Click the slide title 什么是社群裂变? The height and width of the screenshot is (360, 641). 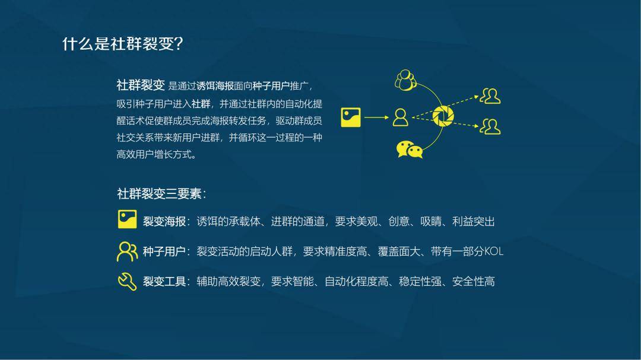tap(122, 44)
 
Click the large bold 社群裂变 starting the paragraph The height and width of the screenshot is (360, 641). tap(141, 85)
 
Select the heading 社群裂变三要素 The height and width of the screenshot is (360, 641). tap(161, 194)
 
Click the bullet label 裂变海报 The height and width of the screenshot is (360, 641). tap(164, 222)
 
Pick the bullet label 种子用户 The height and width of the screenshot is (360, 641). tap(164, 251)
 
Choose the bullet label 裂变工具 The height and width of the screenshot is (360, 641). tap(164, 282)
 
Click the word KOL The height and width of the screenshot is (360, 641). tap(494, 251)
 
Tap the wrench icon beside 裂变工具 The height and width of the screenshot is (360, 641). tap(127, 281)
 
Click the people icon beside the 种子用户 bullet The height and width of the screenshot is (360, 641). tap(127, 251)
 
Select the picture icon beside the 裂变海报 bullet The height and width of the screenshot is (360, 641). tap(127, 219)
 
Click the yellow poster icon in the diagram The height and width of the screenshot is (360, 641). tap(351, 117)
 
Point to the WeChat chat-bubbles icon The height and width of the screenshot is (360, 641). tap(410, 149)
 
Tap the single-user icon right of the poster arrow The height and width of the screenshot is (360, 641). tap(401, 117)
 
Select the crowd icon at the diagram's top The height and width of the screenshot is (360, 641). tap(405, 80)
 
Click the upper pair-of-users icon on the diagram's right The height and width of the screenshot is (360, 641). tap(490, 95)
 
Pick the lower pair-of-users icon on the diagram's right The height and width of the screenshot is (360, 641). tap(490, 126)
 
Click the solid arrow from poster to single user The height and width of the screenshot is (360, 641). tap(376, 117)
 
